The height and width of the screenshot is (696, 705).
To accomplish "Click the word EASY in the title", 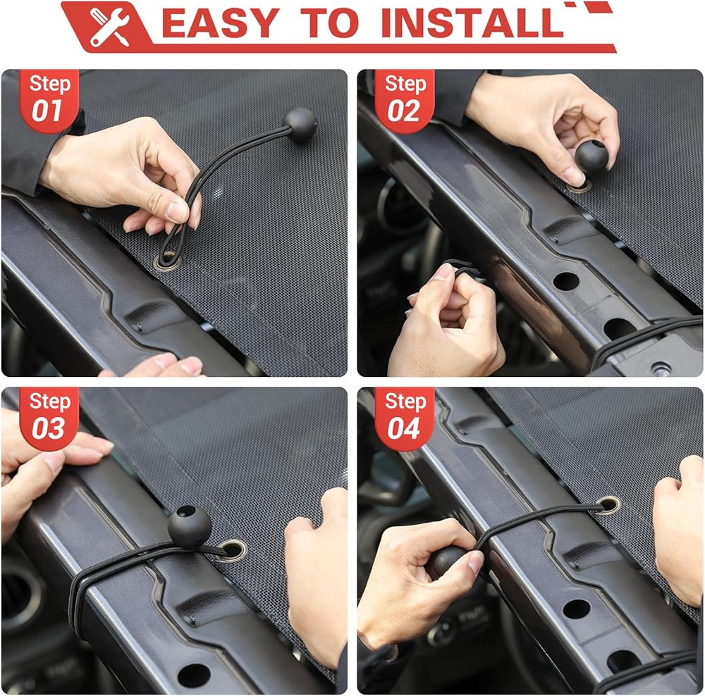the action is click(220, 23).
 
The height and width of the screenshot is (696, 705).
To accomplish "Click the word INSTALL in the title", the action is click(472, 23).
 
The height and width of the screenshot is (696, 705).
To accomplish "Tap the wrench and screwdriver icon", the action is click(110, 27).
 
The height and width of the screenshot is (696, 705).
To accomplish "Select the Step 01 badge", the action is click(49, 101).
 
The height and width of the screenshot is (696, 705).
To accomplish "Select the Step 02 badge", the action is click(404, 101).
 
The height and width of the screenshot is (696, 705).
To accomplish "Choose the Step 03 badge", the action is click(49, 418).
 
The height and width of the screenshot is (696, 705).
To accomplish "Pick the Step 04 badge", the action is click(404, 418).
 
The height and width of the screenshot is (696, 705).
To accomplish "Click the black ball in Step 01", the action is click(300, 125).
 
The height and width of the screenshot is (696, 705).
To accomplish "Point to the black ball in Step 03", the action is click(189, 526).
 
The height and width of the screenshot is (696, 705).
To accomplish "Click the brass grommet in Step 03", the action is click(233, 549).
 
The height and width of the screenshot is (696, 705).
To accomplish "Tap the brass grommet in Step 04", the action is click(609, 504).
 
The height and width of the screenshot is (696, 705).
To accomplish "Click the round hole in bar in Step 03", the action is click(194, 675).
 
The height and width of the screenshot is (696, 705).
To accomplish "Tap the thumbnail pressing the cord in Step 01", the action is click(176, 211).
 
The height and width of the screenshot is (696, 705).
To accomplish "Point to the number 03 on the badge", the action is click(48, 428).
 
